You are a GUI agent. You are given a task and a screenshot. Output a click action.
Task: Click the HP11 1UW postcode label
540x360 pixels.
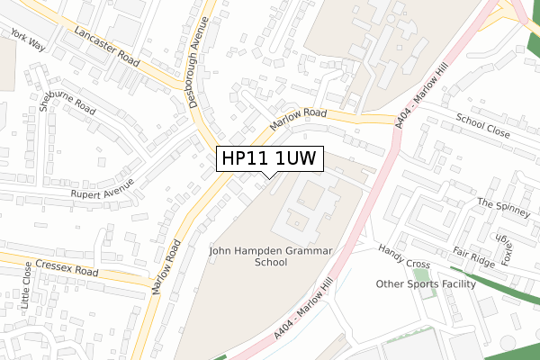(267, 158)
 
